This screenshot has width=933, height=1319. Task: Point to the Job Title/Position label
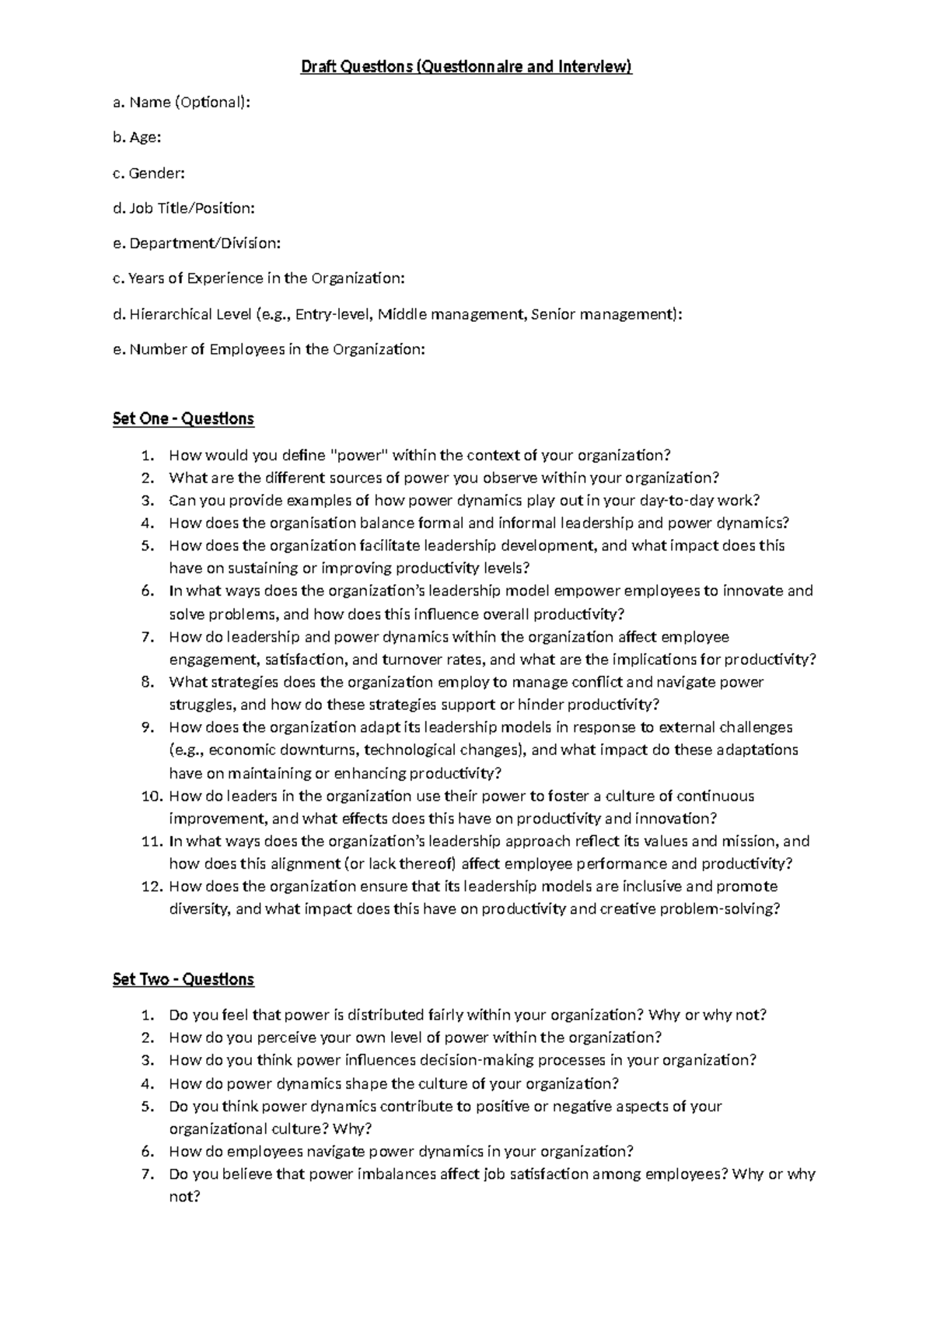(x=190, y=208)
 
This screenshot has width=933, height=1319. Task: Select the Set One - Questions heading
(x=183, y=419)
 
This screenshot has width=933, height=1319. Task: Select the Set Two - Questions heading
(x=183, y=979)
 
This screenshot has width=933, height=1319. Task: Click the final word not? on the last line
(x=185, y=1197)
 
